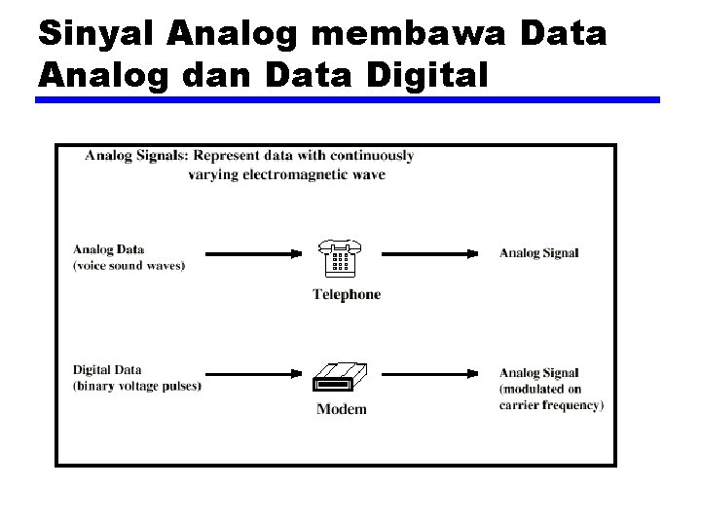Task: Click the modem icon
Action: (341, 378)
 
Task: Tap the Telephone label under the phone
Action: (346, 294)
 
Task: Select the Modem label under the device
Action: (342, 409)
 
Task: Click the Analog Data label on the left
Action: (108, 249)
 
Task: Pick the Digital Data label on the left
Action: (107, 369)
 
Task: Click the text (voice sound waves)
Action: (129, 265)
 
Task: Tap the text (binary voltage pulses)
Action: (137, 386)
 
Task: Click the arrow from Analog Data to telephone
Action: (255, 254)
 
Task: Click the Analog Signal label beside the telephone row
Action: (539, 253)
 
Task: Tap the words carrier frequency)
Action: (552, 404)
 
